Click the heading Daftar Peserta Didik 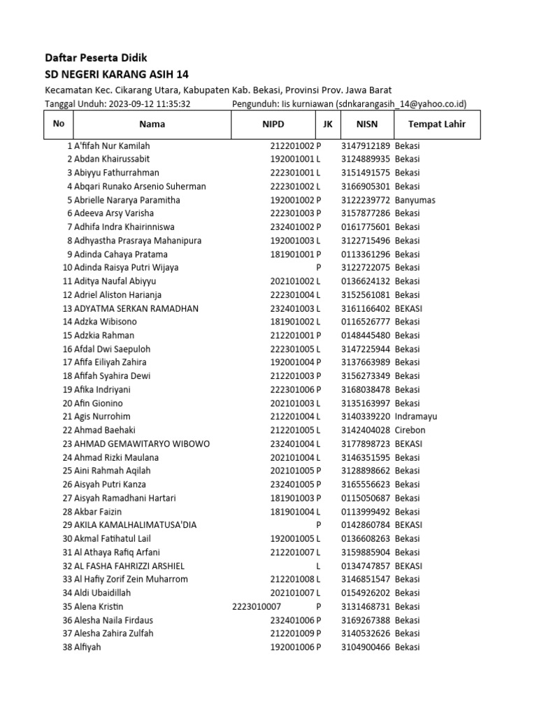coord(96,57)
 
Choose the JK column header coord(327,124)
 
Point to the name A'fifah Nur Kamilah coord(112,146)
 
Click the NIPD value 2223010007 coord(256,606)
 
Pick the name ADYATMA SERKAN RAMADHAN coord(136,308)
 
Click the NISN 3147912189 coord(366,146)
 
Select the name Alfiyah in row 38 coord(87,647)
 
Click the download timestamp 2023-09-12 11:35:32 coord(148,104)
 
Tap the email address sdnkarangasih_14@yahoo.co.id coord(399,104)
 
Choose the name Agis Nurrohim coord(102,417)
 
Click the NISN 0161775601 coord(366,227)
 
